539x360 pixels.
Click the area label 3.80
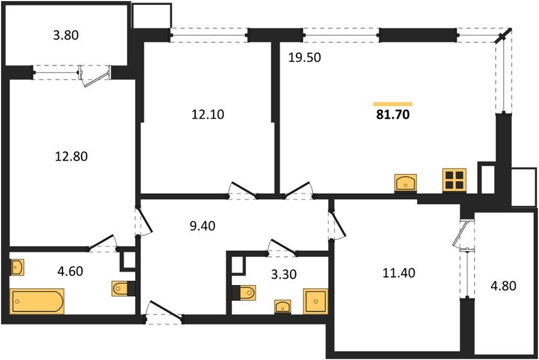(66, 35)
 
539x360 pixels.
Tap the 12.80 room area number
(71, 157)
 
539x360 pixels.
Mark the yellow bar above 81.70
(393, 104)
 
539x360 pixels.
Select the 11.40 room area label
(397, 273)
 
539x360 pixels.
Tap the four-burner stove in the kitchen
(454, 179)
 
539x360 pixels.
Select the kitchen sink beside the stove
(406, 182)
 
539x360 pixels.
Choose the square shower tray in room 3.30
(315, 301)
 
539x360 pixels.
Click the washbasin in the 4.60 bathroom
(17, 267)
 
